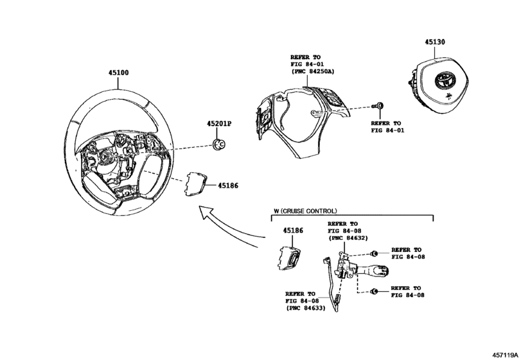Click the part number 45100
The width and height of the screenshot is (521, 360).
118,73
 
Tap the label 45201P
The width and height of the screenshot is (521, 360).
220,123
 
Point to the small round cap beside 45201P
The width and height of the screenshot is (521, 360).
219,143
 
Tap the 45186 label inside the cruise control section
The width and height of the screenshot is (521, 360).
293,230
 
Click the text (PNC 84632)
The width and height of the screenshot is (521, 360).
348,238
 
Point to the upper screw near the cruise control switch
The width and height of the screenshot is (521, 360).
374,253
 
